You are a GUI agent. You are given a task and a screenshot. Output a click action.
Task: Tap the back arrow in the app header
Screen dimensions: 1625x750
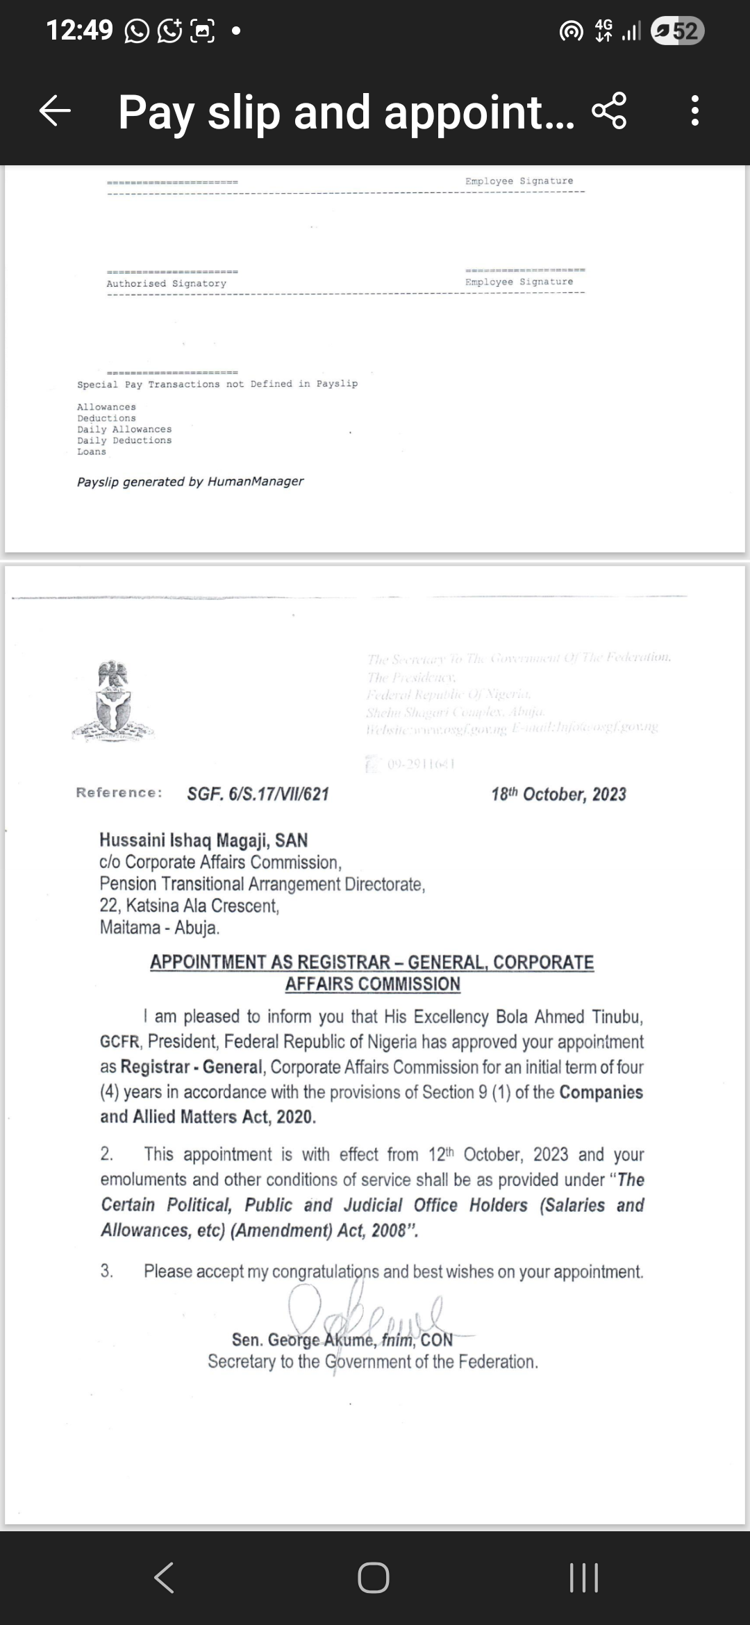click(56, 111)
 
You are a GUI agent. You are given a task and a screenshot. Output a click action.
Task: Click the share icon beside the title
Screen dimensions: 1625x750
click(609, 111)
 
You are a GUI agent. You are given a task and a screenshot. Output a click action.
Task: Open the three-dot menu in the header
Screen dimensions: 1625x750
click(694, 111)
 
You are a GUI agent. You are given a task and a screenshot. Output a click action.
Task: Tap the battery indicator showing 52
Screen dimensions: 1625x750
click(677, 31)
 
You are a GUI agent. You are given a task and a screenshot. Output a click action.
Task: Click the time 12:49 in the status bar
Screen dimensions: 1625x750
click(79, 31)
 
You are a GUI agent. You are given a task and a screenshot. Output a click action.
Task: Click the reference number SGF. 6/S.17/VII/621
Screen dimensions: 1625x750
click(258, 794)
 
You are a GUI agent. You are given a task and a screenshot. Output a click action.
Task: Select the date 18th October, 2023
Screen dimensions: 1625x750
click(558, 794)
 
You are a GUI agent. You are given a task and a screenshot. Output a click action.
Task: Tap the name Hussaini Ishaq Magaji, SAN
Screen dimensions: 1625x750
click(203, 840)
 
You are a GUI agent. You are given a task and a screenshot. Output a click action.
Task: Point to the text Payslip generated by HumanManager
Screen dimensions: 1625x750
click(190, 482)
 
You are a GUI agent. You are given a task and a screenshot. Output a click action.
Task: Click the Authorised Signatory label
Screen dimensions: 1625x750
click(166, 283)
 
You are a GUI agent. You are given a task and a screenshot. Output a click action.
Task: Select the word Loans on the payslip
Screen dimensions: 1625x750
click(92, 452)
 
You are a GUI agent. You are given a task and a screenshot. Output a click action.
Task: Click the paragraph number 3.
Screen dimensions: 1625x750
click(106, 1272)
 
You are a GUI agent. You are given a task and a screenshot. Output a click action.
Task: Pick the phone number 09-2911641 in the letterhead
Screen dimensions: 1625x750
click(421, 765)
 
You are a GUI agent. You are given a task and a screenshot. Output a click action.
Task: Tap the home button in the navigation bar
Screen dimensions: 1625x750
click(374, 1578)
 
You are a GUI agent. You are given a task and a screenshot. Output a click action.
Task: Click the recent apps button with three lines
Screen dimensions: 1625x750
click(583, 1578)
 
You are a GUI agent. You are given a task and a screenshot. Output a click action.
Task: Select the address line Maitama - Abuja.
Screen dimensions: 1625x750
click(160, 928)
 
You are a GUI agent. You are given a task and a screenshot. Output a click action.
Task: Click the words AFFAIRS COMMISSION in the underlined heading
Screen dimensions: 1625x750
click(373, 984)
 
